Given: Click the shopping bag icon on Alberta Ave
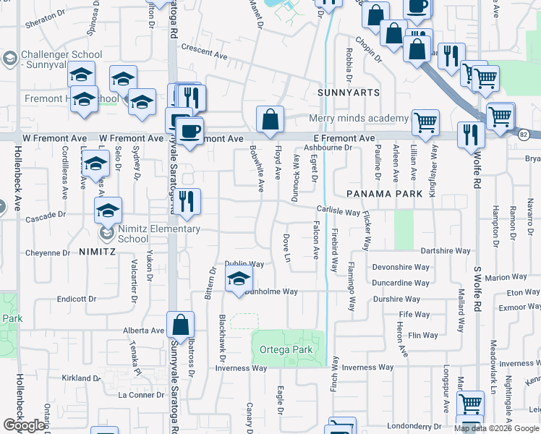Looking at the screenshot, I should (181, 325).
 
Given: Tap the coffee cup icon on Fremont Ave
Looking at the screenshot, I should (189, 132).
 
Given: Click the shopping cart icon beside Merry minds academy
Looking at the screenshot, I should (425, 122).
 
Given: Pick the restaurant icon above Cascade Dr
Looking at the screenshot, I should (187, 202).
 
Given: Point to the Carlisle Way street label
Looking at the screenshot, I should (337, 212).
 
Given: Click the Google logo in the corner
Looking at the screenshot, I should (24, 425).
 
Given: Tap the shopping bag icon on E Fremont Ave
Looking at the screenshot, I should (270, 119).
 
